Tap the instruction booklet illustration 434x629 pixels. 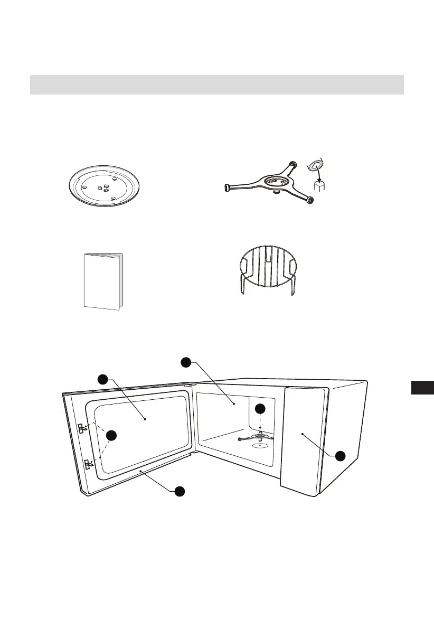tap(103, 281)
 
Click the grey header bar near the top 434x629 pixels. tap(216, 85)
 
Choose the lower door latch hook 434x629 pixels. tap(88, 465)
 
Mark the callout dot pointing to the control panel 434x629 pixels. tap(341, 455)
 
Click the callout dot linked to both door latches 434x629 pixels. tap(111, 435)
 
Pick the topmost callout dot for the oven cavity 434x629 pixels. tap(186, 362)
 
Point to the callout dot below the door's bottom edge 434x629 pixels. tap(180, 491)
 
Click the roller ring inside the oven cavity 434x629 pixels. tap(258, 436)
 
